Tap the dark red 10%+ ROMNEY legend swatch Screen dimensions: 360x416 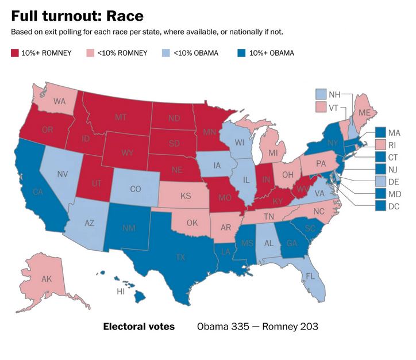[x=16, y=53]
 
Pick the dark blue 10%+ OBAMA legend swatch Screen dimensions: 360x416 [x=241, y=53]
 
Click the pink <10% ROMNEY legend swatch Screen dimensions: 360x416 [x=89, y=53]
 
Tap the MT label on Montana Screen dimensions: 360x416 [x=121, y=117]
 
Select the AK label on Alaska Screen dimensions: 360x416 [x=47, y=279]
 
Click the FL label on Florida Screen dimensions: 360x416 [x=311, y=276]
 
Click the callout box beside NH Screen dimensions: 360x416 [x=321, y=94]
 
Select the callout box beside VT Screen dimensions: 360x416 [x=321, y=108]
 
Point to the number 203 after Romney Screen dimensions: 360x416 [x=307, y=327]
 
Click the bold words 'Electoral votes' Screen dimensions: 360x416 [x=138, y=327]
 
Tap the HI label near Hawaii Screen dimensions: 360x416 [x=121, y=292]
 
